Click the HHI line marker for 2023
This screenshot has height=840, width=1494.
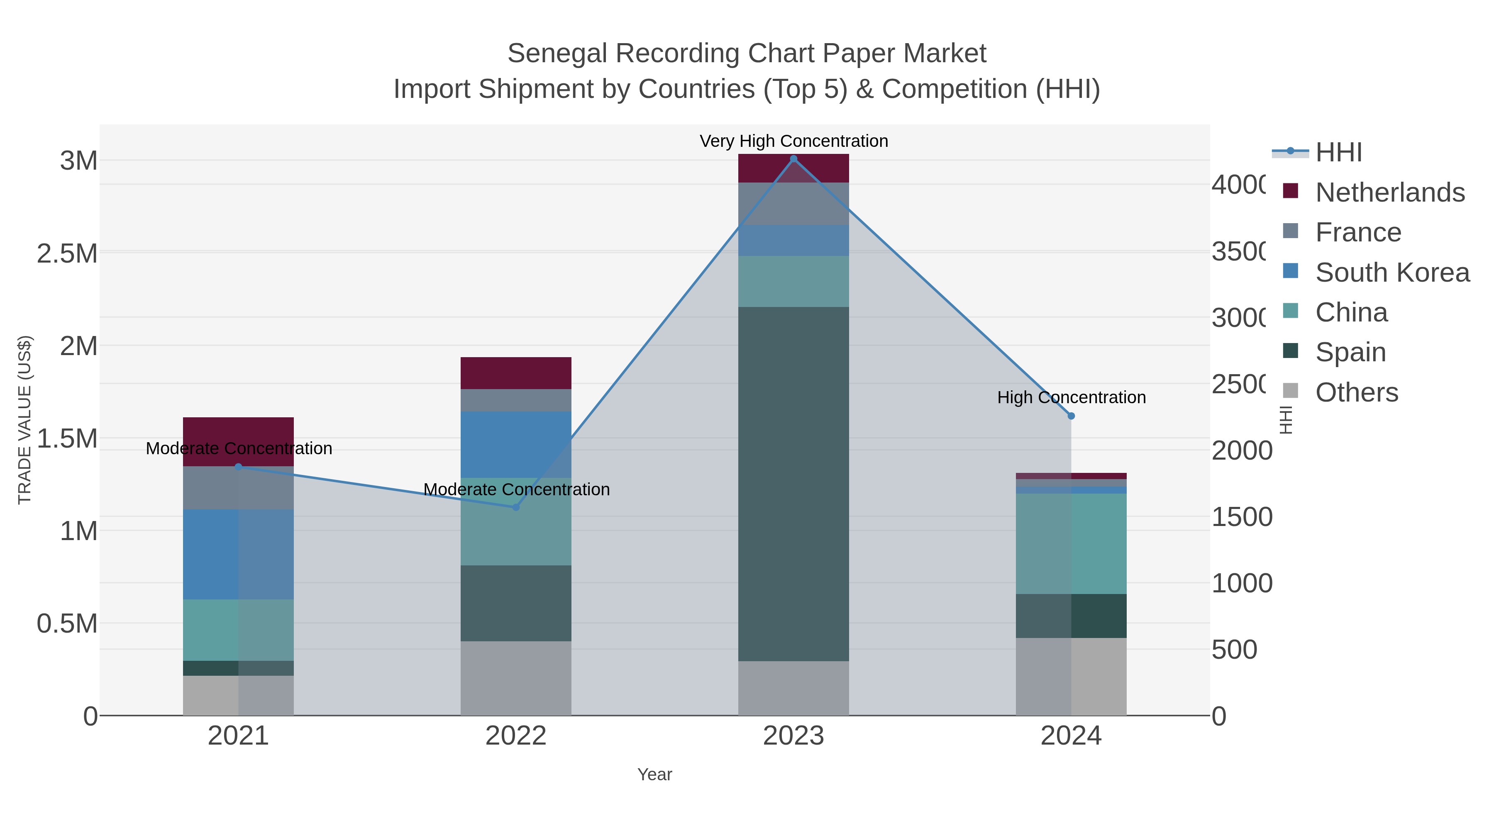point(793,159)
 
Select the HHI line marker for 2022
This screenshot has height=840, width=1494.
point(515,507)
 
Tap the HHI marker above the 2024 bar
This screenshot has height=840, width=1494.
point(1071,416)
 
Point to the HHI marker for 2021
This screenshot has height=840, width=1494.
point(238,467)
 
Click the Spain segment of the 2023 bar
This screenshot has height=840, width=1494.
point(793,484)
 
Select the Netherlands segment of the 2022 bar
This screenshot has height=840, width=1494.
point(515,373)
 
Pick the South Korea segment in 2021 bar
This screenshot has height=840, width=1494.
point(238,554)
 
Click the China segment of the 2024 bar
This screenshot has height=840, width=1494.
point(1071,544)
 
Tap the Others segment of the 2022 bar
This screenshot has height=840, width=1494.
point(515,678)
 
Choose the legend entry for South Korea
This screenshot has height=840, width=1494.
point(1392,273)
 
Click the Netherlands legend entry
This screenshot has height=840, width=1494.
point(1389,192)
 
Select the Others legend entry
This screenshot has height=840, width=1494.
point(1356,392)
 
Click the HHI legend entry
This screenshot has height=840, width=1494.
point(1338,153)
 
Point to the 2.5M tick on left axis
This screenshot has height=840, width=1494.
point(67,253)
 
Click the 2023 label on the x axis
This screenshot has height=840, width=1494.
point(793,735)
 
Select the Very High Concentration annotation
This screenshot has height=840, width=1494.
point(793,141)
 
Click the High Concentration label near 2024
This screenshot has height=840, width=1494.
point(1071,398)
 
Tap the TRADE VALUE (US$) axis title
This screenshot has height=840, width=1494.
point(24,420)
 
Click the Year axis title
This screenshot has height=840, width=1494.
point(654,774)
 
